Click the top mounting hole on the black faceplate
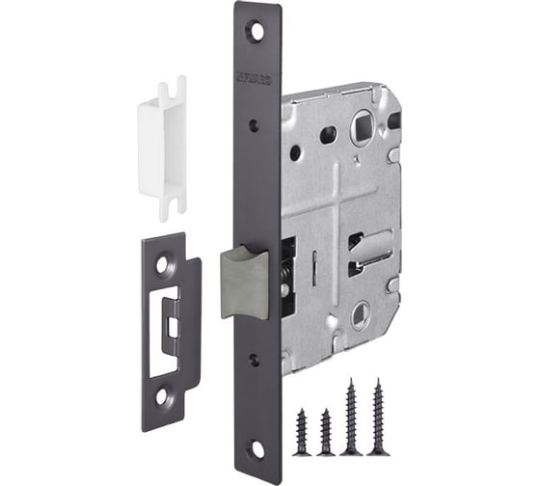point(257,30)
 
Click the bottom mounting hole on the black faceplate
point(257,449)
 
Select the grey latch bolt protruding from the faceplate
point(243,281)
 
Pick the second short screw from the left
point(327,428)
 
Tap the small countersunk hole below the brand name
point(254,124)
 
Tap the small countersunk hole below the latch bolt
point(254,359)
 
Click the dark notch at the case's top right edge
point(393,121)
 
